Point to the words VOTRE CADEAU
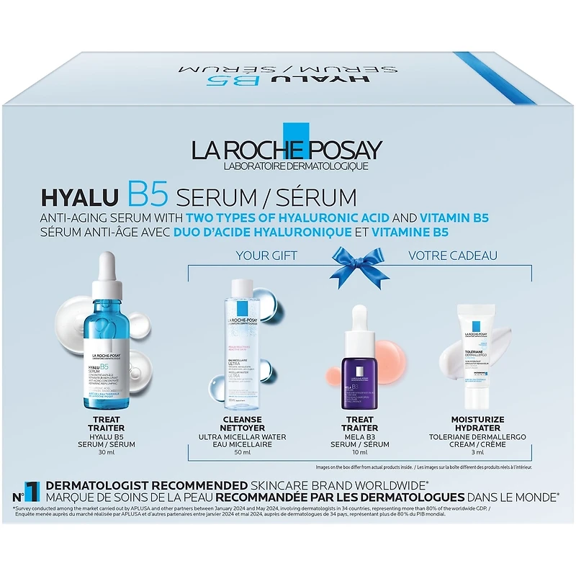[x=453, y=255]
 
